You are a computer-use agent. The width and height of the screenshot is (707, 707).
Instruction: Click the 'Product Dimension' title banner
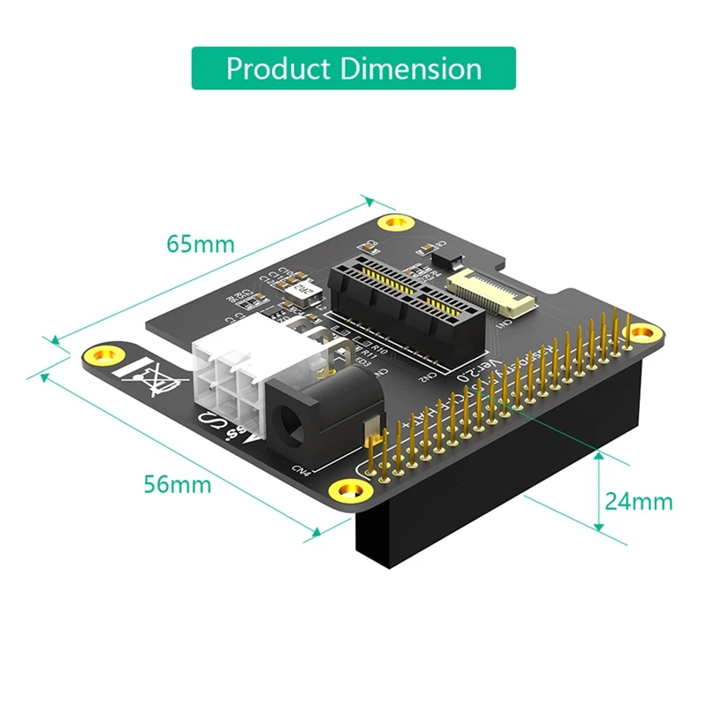[x=353, y=68]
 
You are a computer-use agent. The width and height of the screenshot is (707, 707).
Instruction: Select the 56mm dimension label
[x=178, y=484]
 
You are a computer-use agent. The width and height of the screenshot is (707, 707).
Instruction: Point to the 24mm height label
[x=639, y=501]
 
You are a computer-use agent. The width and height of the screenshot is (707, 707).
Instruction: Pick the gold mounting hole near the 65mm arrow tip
[x=389, y=223]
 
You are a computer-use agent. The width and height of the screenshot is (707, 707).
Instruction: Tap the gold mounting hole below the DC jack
[x=344, y=491]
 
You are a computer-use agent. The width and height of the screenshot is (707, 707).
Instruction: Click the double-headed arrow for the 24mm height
[x=598, y=490]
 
